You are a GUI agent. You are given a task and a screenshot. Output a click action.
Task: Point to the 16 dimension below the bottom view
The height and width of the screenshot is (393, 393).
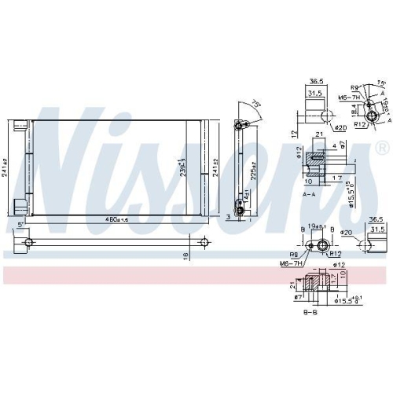186,255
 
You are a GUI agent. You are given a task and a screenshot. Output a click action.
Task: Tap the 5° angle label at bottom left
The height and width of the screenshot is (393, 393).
20,227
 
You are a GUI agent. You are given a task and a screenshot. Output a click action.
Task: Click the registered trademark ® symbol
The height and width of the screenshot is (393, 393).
382,147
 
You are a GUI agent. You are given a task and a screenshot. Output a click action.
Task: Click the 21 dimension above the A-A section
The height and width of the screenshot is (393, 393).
320,136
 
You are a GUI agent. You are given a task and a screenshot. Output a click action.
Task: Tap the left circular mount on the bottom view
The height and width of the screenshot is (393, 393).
29,241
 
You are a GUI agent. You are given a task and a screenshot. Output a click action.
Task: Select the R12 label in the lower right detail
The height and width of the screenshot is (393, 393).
334,254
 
